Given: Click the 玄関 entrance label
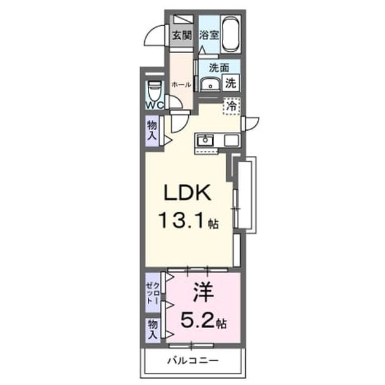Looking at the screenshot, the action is (x=182, y=35).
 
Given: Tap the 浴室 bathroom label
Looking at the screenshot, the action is (x=209, y=35).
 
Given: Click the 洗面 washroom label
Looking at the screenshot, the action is (x=219, y=67).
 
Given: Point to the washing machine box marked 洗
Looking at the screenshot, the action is (x=231, y=83).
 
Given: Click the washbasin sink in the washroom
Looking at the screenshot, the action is (x=210, y=85).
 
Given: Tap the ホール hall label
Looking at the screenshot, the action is (x=182, y=85).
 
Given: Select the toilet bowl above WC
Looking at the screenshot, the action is (x=155, y=90).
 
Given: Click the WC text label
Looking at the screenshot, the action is (x=155, y=105).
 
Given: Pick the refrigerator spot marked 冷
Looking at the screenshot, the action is (x=231, y=106).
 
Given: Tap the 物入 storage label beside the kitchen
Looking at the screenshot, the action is (x=152, y=131).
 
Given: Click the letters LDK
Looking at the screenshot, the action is (x=188, y=193).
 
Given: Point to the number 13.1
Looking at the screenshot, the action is (x=182, y=220).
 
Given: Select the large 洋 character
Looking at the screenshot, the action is (x=203, y=293).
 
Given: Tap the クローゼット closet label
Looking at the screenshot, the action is (x=153, y=293).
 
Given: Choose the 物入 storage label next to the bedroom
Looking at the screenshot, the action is (x=153, y=329).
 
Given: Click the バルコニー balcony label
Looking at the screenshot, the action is (x=193, y=361).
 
